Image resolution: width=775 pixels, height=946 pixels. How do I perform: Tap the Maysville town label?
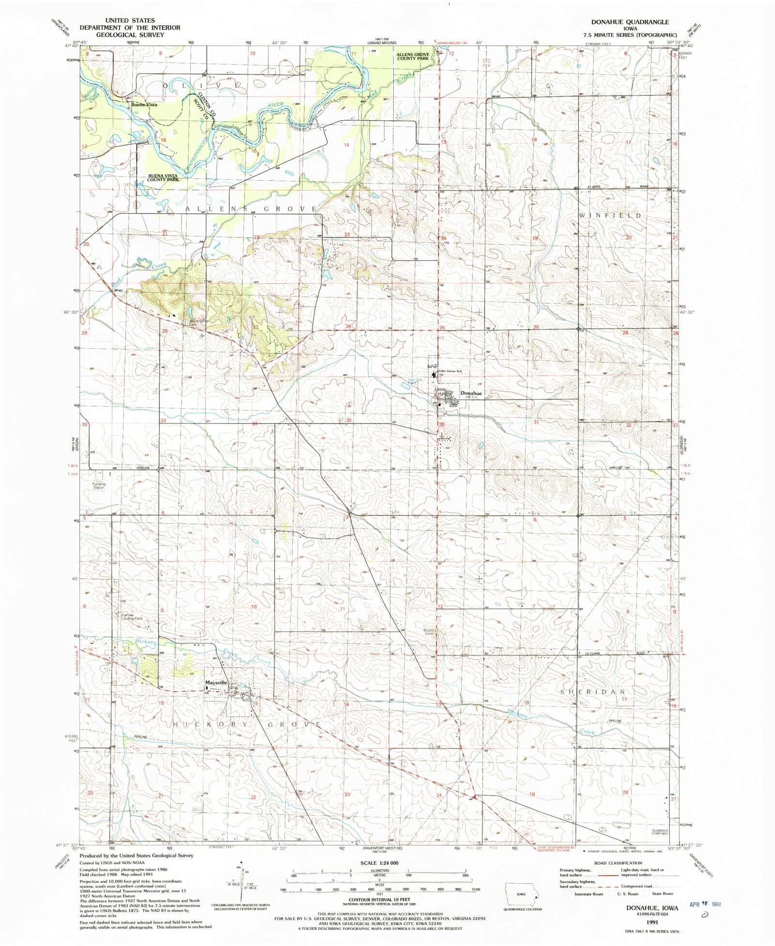point(216,682)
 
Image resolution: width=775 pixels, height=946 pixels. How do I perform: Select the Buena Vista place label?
point(144,105)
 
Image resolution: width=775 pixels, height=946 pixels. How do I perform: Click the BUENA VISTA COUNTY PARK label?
point(163,177)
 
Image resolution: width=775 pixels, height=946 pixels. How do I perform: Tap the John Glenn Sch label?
point(450,371)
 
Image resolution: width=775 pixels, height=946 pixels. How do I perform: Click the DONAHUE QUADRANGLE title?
point(630,22)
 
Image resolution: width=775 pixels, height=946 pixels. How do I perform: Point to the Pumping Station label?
point(99,485)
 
